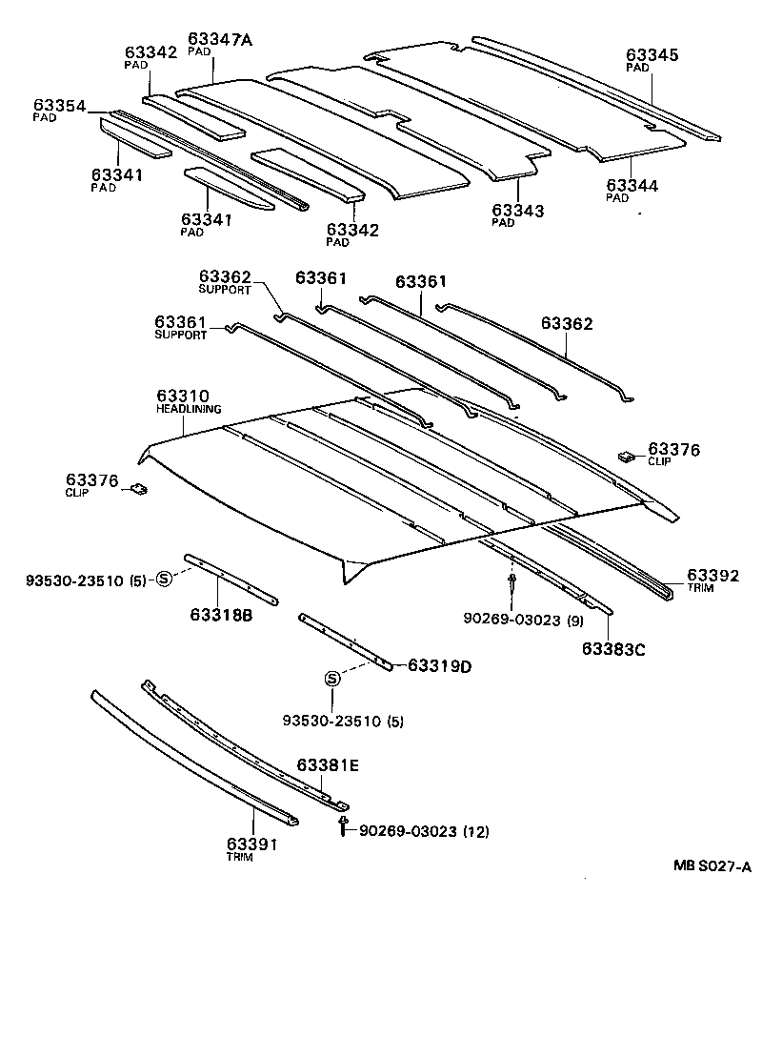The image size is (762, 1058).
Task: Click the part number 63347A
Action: (220, 39)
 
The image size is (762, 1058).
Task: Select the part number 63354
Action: (60, 105)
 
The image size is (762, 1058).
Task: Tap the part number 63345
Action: (652, 55)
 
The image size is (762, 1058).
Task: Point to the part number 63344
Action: (632, 186)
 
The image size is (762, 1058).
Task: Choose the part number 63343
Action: (517, 210)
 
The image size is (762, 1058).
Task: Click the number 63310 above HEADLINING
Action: (183, 396)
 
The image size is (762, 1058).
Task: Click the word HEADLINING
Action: (189, 409)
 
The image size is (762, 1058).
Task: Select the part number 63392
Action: (713, 576)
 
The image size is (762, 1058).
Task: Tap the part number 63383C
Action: (614, 650)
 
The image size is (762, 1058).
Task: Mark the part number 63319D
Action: (440, 665)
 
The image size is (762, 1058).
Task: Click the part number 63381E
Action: (328, 764)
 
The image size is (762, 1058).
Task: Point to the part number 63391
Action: (251, 844)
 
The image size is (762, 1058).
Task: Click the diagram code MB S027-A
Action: (712, 866)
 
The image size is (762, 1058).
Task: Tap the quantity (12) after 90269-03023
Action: (475, 832)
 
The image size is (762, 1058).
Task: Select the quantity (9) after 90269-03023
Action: (574, 622)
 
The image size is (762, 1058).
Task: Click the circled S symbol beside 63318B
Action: (163, 578)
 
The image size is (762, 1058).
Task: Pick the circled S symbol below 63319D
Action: (331, 678)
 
